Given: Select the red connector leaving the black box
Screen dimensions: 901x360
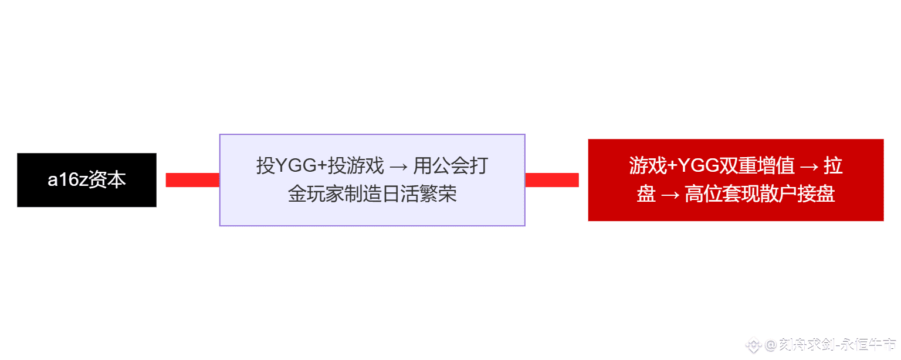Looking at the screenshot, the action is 192,180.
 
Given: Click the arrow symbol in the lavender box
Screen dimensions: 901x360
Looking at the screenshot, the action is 398,167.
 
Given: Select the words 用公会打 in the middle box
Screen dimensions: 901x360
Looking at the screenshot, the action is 450,166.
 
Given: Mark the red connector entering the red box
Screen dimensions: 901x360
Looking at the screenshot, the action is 552,180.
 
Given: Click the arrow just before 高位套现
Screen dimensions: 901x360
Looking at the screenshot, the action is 670,195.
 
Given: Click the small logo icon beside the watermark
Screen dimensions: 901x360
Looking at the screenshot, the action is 753,345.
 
